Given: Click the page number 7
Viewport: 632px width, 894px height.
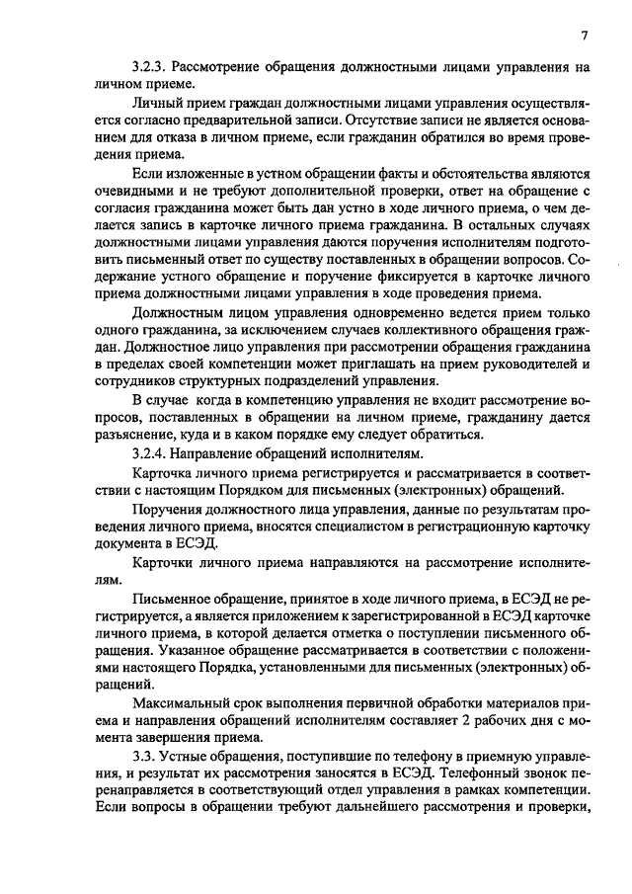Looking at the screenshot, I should [x=586, y=37].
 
